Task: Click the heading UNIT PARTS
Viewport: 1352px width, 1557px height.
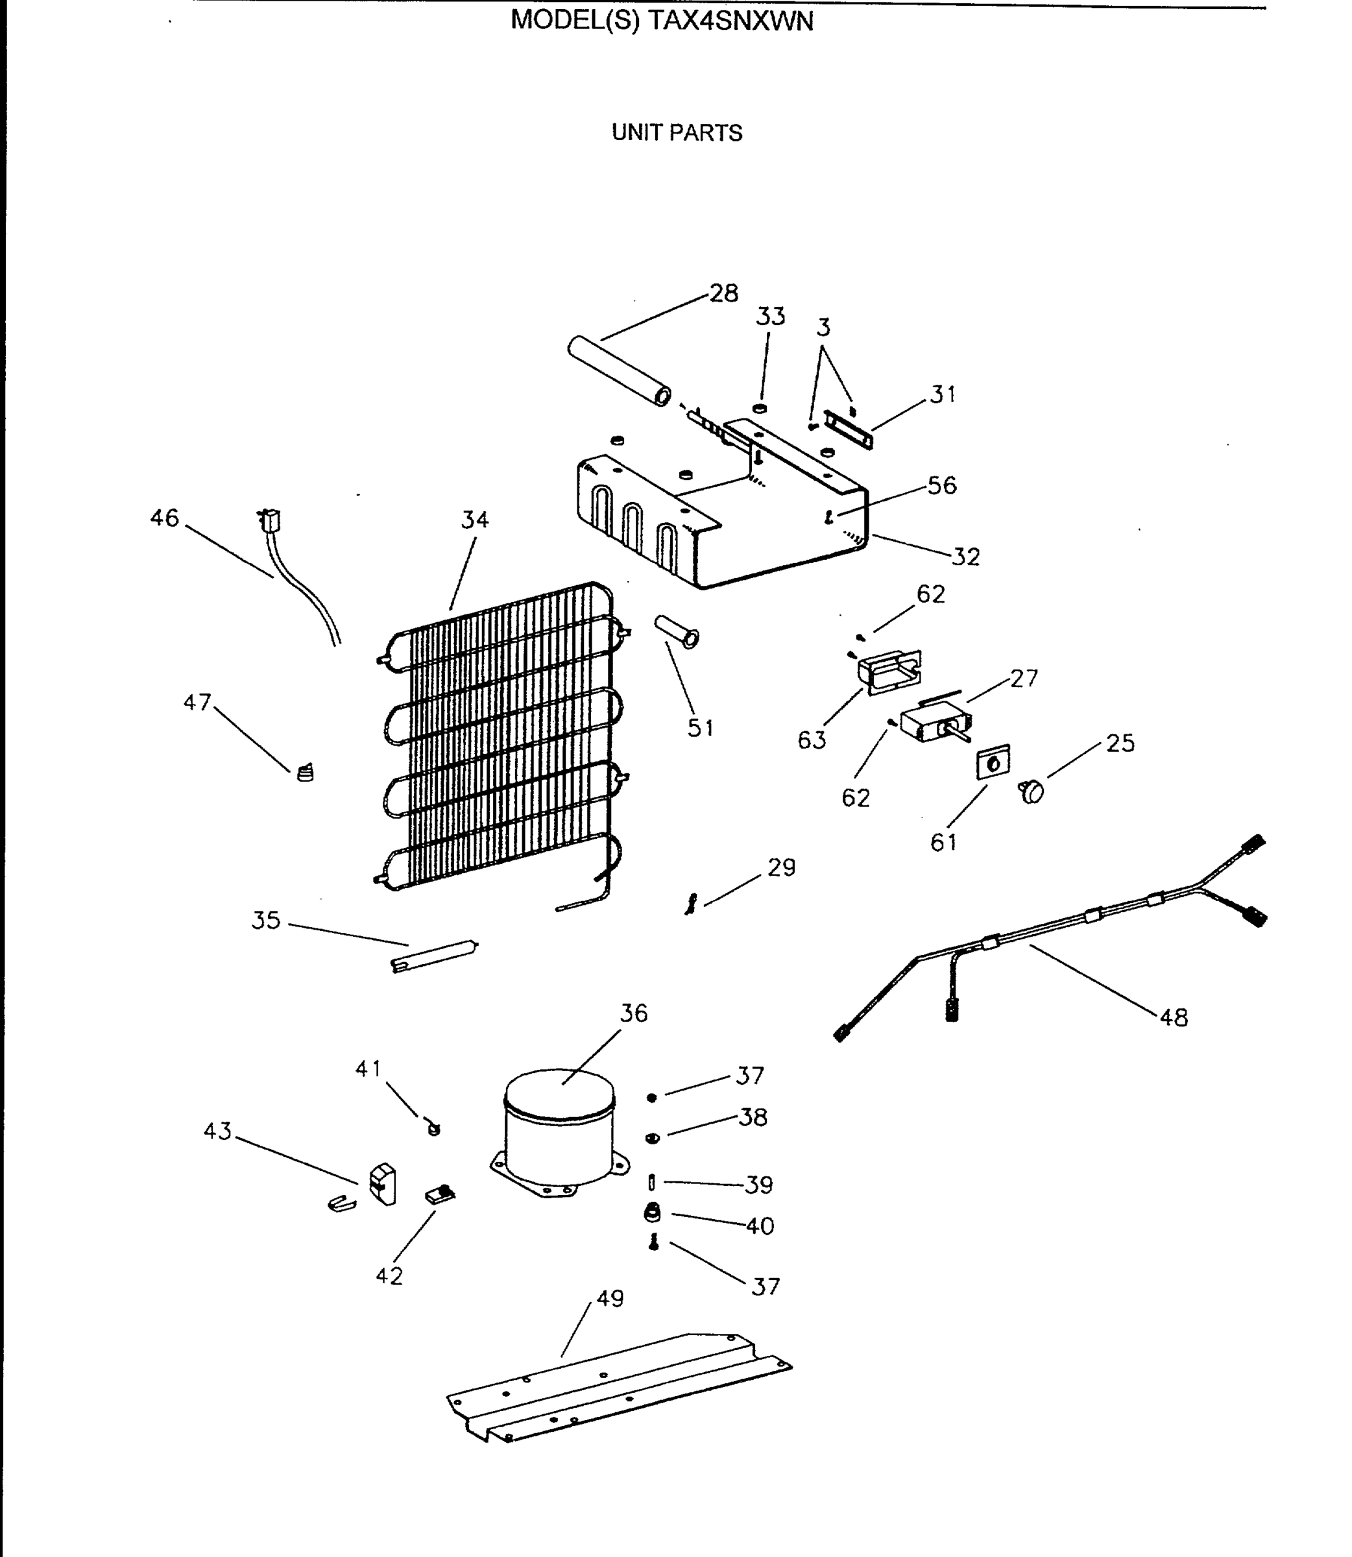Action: [x=677, y=133]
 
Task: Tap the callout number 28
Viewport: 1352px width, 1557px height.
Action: [x=723, y=293]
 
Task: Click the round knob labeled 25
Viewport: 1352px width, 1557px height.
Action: [x=1032, y=791]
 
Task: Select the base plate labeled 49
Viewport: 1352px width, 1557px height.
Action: [x=619, y=1388]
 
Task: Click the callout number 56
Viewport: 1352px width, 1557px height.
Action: [x=941, y=485]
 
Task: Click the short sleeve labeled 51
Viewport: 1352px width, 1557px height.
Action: [x=677, y=631]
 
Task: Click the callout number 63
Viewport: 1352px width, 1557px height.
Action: [x=812, y=740]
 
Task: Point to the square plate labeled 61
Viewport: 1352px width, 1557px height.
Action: [x=994, y=762]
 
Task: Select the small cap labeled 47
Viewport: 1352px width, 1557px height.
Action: [x=305, y=773]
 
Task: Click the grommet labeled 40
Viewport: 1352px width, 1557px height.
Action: [x=653, y=1213]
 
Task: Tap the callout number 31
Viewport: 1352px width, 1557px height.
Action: [x=943, y=394]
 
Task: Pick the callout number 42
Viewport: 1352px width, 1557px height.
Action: [x=389, y=1275]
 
